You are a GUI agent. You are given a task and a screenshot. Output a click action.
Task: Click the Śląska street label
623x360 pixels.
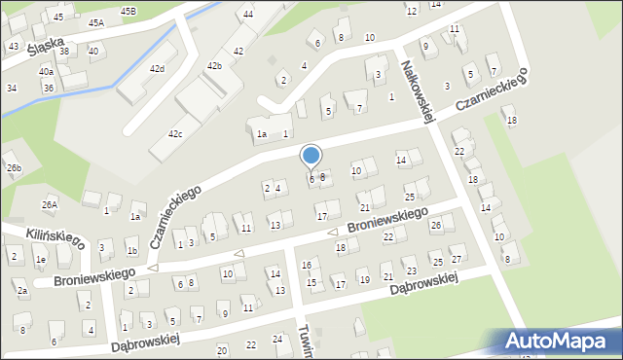[46, 45]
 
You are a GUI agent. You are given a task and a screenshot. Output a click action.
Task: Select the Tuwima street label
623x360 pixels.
[305, 342]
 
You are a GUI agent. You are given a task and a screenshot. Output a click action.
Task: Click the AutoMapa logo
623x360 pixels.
[559, 341]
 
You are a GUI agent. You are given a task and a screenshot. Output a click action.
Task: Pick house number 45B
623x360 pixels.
[128, 10]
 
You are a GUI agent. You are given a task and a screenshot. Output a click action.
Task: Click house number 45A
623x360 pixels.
[95, 22]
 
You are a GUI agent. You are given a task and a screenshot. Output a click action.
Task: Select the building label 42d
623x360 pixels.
[157, 68]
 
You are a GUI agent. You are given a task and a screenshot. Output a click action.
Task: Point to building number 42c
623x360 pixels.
[175, 133]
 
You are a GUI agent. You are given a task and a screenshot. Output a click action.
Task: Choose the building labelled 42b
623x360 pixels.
[214, 65]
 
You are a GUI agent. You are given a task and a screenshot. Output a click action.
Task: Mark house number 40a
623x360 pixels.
[46, 71]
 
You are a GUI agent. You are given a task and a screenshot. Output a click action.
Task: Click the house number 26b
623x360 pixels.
[14, 168]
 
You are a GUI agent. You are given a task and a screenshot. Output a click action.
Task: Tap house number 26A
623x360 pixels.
[50, 204]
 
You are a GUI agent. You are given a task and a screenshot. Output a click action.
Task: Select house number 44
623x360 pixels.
[248, 14]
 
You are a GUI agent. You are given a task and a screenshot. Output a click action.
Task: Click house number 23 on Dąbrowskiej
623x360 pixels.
[411, 271]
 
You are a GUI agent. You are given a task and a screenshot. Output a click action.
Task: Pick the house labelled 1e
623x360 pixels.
[40, 260]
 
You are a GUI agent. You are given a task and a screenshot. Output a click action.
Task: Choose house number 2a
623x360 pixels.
[21, 290]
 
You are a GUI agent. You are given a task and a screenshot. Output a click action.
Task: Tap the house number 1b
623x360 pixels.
[131, 251]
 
